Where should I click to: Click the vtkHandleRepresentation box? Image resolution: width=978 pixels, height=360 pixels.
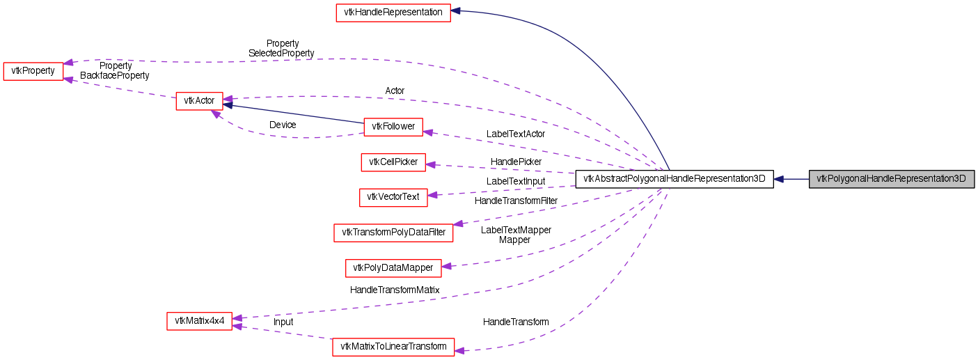393,13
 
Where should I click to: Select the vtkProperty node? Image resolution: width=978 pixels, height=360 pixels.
33,72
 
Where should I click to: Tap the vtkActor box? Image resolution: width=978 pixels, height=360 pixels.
199,101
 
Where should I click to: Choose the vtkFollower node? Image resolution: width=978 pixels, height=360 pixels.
393,126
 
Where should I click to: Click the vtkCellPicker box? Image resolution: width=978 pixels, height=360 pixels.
393,162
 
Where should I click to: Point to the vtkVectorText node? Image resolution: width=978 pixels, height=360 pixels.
393,197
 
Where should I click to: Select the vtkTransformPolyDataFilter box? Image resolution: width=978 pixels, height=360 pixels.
393,233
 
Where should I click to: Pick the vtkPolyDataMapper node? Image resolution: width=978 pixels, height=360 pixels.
393,267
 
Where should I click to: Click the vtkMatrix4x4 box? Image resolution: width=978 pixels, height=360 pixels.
199,321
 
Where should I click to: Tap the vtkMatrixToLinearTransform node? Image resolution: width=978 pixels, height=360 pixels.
393,347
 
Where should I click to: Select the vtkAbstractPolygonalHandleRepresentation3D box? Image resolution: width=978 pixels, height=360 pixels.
674,179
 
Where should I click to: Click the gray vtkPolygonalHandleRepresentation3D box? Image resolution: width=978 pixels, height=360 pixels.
891,179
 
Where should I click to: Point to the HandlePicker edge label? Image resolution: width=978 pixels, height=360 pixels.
516,162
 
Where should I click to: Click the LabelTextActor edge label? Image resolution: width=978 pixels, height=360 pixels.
516,134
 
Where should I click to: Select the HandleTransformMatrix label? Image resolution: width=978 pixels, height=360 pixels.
395,290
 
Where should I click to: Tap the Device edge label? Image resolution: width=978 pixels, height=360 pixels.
283,125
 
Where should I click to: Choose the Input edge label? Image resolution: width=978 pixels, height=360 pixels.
283,322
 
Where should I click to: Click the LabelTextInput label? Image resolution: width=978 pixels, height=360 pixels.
516,181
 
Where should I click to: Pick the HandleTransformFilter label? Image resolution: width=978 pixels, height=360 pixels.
516,201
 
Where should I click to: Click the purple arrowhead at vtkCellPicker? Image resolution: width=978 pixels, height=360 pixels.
431,164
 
